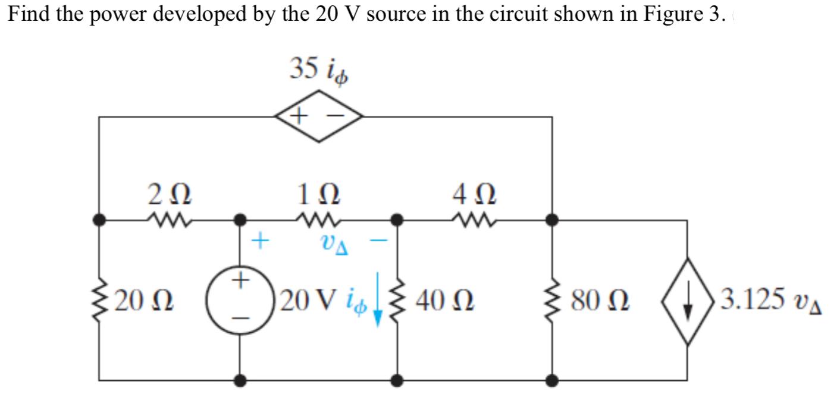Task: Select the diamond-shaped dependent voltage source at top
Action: [319, 116]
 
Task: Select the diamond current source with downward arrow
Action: [688, 301]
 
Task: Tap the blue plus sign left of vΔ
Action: [260, 241]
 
